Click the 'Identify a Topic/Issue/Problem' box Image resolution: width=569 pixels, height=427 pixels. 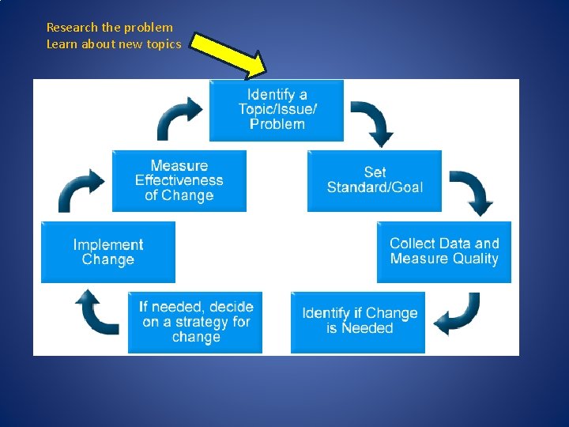[277, 110]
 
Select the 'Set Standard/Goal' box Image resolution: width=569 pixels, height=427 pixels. [375, 180]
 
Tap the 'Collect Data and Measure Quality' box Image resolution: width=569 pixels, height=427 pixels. [443, 251]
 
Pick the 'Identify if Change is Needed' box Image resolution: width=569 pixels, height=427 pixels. [358, 321]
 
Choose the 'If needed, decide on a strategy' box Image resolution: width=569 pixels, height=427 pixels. [195, 322]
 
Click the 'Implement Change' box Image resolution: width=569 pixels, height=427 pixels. [108, 252]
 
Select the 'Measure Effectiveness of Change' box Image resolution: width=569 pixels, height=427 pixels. [179, 181]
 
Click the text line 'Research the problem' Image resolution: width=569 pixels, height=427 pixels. [109, 28]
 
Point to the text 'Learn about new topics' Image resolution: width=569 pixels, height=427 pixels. [114, 44]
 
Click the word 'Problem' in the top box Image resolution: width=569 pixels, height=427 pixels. [277, 124]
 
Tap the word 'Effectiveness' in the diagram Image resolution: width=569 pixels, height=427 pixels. [179, 181]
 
